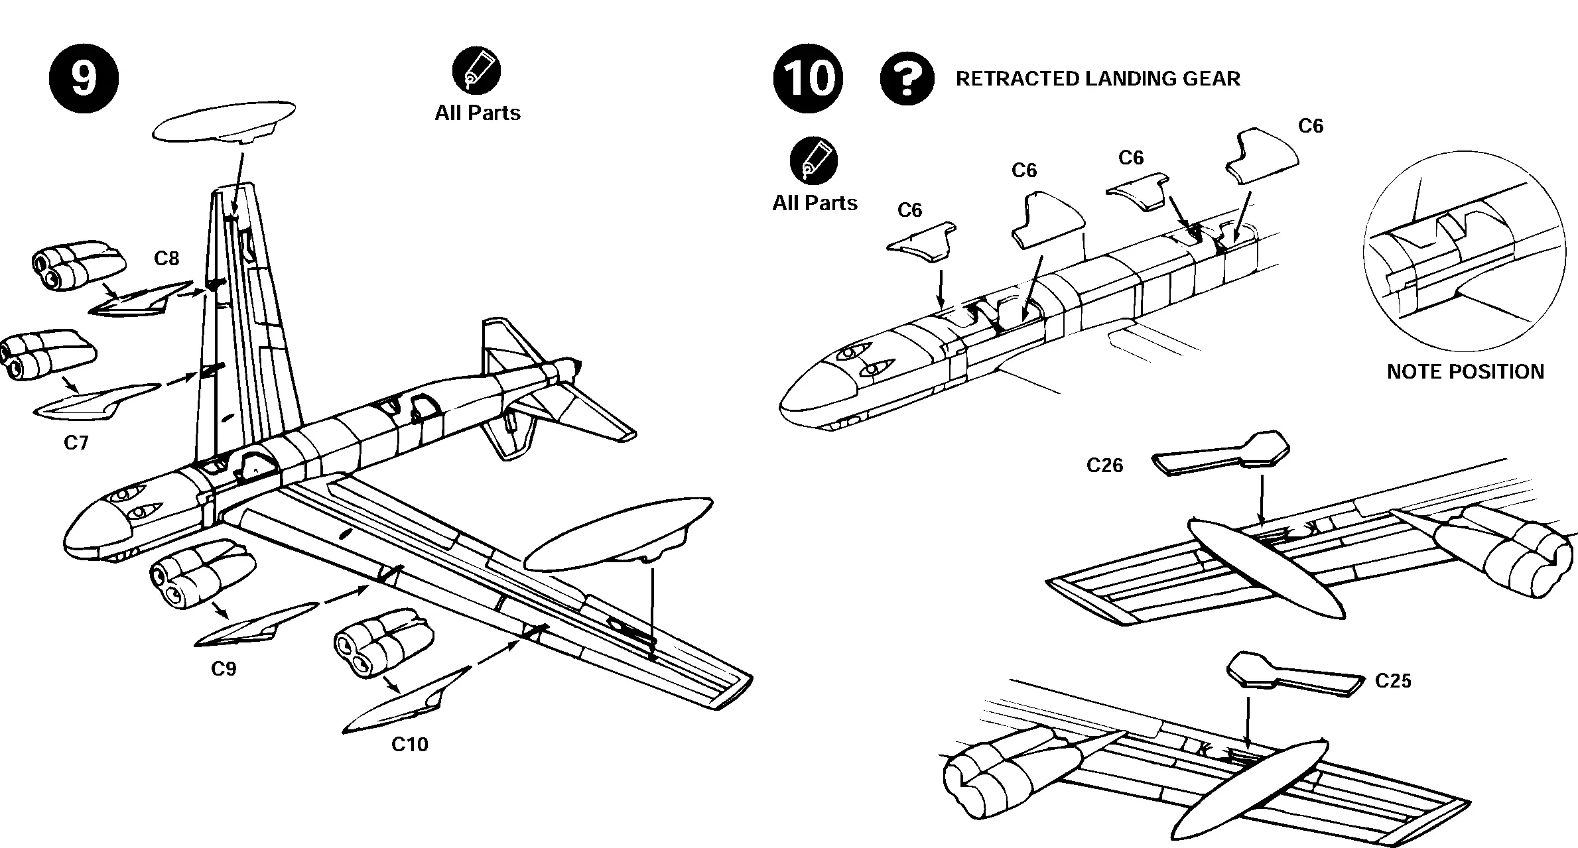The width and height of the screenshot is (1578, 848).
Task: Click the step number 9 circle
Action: click(84, 78)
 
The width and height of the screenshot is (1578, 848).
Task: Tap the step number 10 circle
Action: click(807, 78)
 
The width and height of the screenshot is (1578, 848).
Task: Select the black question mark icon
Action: click(907, 78)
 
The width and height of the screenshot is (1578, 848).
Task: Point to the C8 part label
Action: click(166, 259)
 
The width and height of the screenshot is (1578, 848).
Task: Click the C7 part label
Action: click(76, 443)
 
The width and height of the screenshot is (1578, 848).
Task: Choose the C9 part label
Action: click(224, 669)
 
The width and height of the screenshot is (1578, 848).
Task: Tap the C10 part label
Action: click(409, 745)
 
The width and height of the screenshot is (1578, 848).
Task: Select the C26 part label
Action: click(1104, 465)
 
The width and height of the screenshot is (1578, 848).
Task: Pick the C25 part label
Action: click(1393, 681)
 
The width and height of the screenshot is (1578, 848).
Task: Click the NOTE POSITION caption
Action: click(1465, 371)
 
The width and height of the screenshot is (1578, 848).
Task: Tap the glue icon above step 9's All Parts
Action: click(476, 70)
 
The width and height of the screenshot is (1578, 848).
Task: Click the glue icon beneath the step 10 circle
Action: click(813, 161)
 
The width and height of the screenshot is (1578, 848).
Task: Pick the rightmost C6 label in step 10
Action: click(1310, 126)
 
